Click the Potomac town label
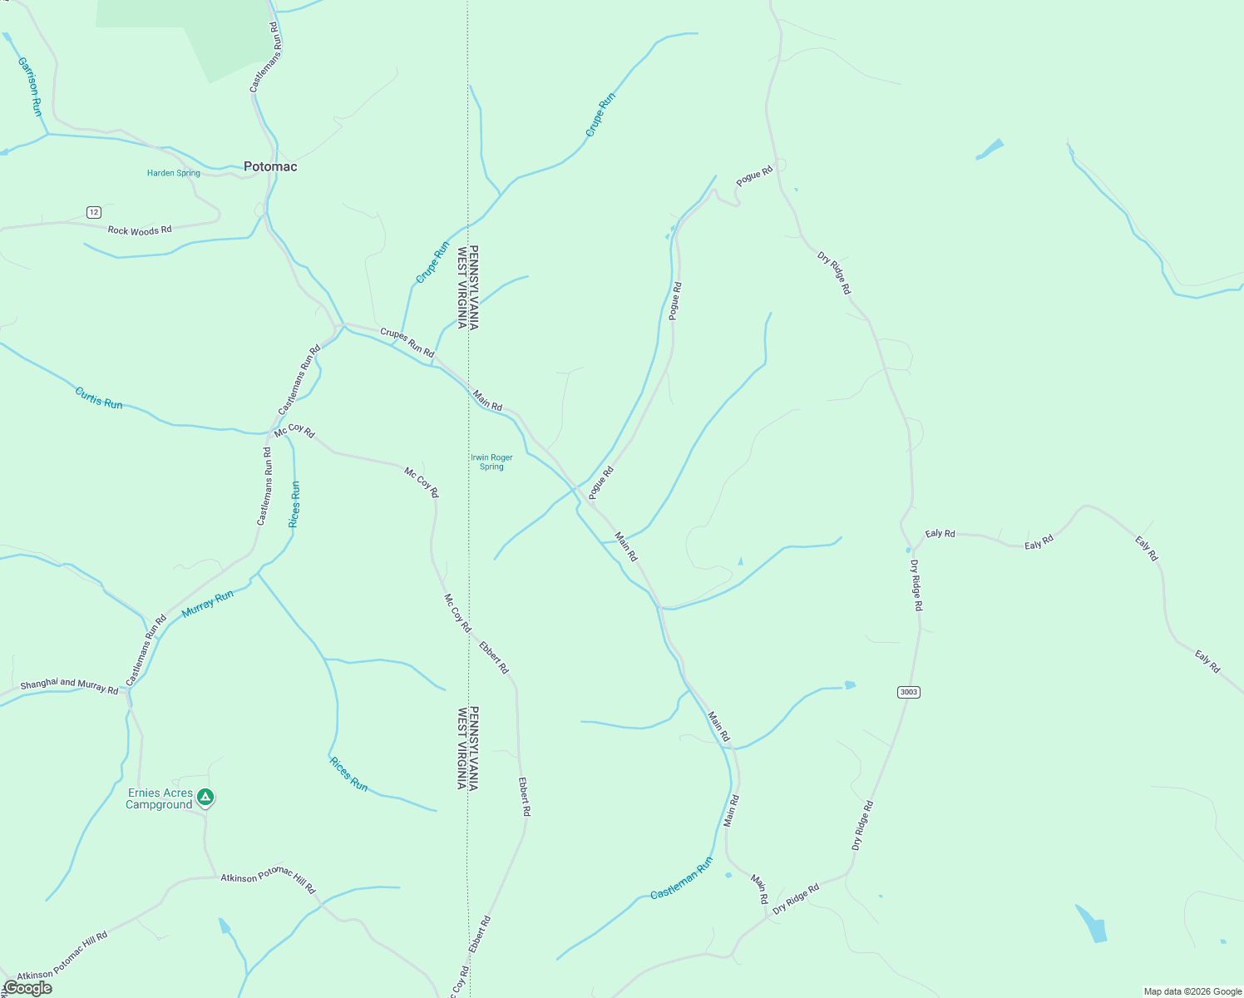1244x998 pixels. pos(270,166)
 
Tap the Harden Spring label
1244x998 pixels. pos(173,173)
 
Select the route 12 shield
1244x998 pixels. pos(94,212)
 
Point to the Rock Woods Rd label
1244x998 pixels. pos(140,230)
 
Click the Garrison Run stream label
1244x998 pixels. pos(29,86)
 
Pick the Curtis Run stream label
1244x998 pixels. pos(99,398)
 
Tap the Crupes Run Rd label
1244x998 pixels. pos(407,343)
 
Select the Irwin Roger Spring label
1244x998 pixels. pos(491,462)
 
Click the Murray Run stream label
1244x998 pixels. pos(208,603)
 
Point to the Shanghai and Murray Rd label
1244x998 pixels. pos(69,685)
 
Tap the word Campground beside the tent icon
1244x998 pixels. pos(159,805)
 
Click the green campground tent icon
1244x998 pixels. pos(205,798)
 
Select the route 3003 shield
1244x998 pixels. pos(909,692)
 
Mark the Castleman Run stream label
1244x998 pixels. pos(682,877)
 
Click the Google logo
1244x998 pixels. pos(27,988)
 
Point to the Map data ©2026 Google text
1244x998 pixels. pos(1192,991)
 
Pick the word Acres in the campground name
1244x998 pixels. pos(178,793)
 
